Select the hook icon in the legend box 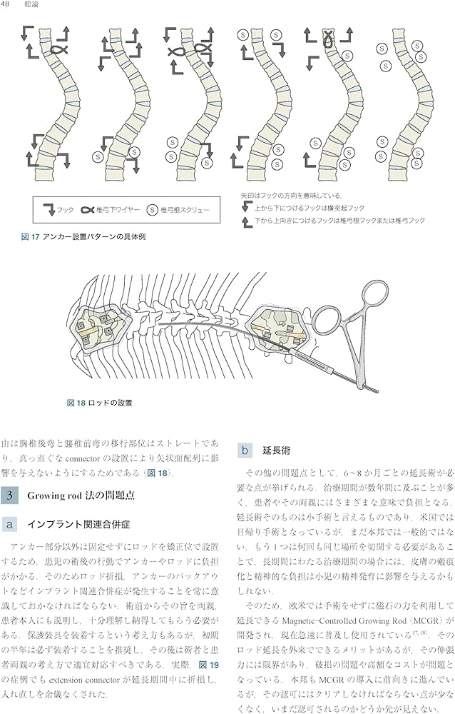pos(46,209)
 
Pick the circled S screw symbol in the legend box pos(152,210)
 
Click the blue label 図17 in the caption pos(31,236)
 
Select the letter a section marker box pos(9,524)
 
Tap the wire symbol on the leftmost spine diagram pos(60,49)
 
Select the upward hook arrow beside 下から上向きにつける pos(247,221)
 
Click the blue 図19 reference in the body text pos(208,664)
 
